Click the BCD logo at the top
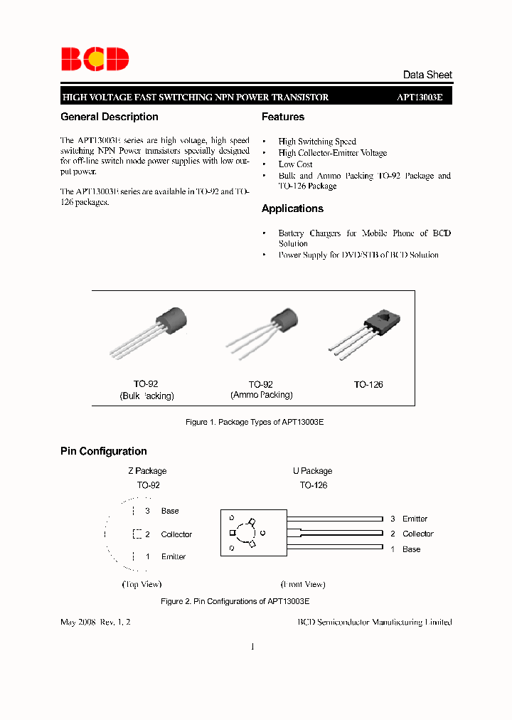click(95, 59)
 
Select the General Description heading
click(110, 117)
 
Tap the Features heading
click(283, 117)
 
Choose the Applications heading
click(292, 208)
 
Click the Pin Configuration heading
click(104, 451)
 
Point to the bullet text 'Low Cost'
click(295, 164)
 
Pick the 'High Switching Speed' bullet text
click(317, 142)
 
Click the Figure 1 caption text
click(255, 422)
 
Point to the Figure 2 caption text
click(229, 601)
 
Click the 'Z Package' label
click(147, 471)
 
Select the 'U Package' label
click(312, 471)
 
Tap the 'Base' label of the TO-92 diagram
click(170, 511)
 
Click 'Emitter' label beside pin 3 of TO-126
click(415, 519)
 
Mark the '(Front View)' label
click(304, 584)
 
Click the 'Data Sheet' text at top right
click(427, 75)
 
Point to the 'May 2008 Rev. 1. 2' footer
click(96, 622)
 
